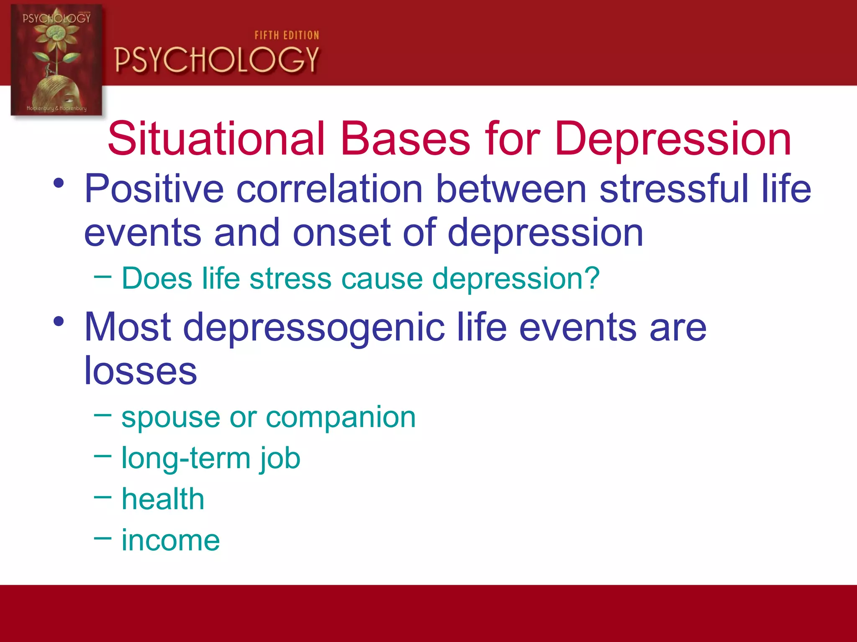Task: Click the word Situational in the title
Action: coord(216,138)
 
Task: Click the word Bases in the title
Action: coord(405,138)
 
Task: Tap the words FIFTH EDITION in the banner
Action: coord(287,36)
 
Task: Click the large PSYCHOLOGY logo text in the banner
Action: coord(217,60)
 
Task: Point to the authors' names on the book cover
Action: coord(56,108)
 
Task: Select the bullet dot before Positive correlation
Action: coord(59,183)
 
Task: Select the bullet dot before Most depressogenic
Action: coord(59,321)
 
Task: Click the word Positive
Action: coord(154,189)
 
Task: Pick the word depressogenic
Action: coord(313,328)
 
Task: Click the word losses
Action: coord(140,371)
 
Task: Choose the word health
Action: coord(163,499)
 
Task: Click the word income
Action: coord(170,540)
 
